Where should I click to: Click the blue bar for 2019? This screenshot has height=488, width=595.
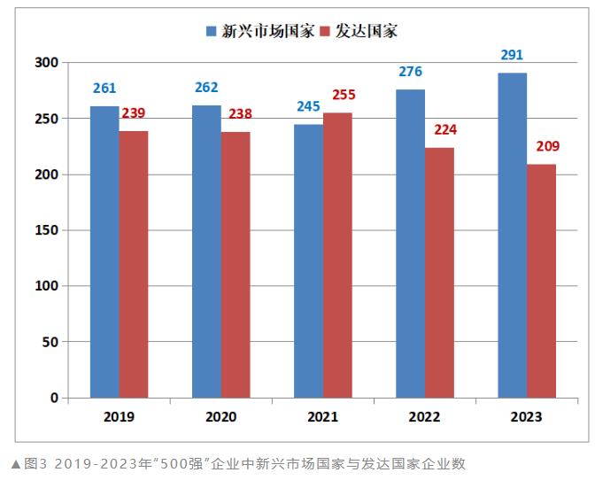[x=104, y=252]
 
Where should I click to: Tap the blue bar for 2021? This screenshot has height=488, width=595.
[x=308, y=260]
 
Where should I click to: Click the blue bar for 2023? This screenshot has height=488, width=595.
[x=512, y=235]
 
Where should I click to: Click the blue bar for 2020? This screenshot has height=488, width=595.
[x=206, y=252]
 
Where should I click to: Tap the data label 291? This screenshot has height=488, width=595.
[x=512, y=55]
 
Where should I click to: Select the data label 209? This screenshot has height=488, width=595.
[x=547, y=146]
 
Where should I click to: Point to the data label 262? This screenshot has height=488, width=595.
[x=206, y=88]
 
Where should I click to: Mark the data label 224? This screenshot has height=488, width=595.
[x=445, y=129]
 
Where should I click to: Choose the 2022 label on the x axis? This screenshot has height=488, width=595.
[x=424, y=416]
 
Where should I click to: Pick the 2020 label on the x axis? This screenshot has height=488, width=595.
[x=220, y=416]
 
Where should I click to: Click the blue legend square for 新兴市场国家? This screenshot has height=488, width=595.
[x=212, y=31]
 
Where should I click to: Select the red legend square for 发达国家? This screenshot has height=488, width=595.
[x=324, y=31]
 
